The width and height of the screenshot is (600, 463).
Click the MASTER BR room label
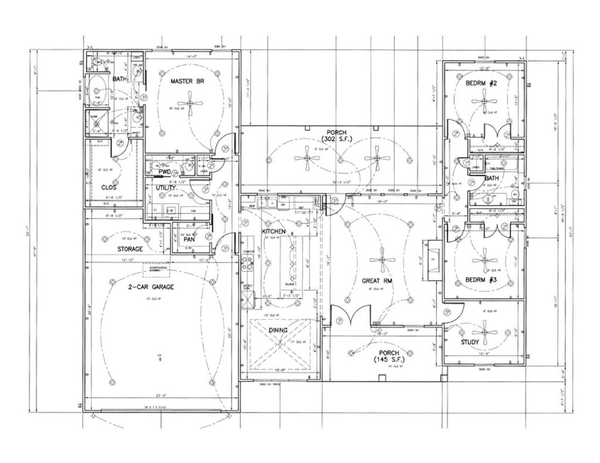click(187, 81)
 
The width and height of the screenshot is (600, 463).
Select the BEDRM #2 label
click(481, 84)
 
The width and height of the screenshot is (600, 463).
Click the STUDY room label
click(469, 342)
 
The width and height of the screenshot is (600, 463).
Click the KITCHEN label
click(274, 231)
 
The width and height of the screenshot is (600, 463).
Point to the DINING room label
click(278, 330)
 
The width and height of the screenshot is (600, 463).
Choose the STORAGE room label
click(130, 248)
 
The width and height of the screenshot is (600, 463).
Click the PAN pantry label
click(189, 239)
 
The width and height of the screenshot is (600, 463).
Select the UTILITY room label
click(165, 188)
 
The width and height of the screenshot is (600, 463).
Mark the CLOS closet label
click(108, 188)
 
